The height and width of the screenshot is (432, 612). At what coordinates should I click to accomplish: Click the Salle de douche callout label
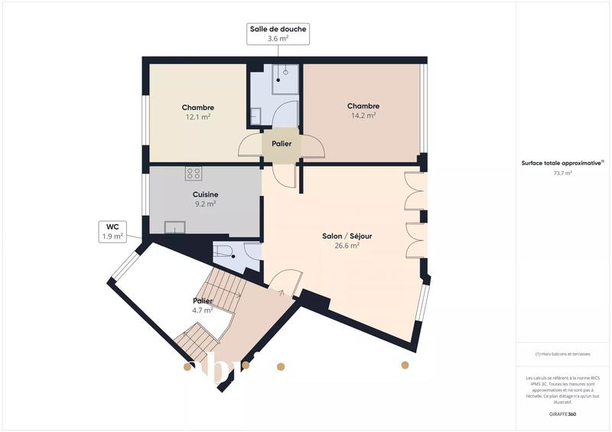pos(278,29)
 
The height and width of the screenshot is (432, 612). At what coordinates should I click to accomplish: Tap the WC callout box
pos(112,226)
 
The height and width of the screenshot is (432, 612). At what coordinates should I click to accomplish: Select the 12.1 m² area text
pos(197,117)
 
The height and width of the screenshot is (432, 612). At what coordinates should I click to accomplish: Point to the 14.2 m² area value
pos(363,116)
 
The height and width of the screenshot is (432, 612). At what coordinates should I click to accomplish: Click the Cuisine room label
pos(205,195)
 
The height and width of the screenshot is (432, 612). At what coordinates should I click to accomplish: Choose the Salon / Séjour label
pos(347,236)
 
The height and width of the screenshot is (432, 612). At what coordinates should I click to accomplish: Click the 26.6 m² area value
pos(347,245)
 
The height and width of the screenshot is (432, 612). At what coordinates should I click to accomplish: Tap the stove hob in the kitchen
pos(193,174)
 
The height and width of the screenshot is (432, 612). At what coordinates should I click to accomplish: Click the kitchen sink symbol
pos(174,227)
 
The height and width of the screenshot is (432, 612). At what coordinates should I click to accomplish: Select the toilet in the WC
pos(227,254)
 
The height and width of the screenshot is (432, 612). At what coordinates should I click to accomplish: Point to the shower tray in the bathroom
pos(285,76)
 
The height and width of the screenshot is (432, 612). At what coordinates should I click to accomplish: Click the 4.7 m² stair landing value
pos(202,310)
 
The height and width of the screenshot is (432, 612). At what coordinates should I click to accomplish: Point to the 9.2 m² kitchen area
pos(205,204)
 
